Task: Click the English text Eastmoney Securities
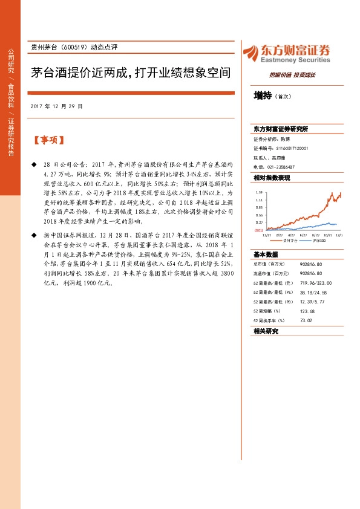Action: pos(295,60)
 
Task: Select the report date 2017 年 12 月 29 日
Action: pos(56,106)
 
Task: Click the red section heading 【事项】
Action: pos(48,140)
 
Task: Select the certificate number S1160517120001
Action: pos(293,148)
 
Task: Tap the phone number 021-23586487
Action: pos(281,166)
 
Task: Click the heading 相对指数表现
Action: pos(272,178)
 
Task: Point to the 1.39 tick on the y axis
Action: pos(258,191)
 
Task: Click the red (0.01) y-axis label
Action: pos(258,230)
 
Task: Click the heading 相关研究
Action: pos(266,331)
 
